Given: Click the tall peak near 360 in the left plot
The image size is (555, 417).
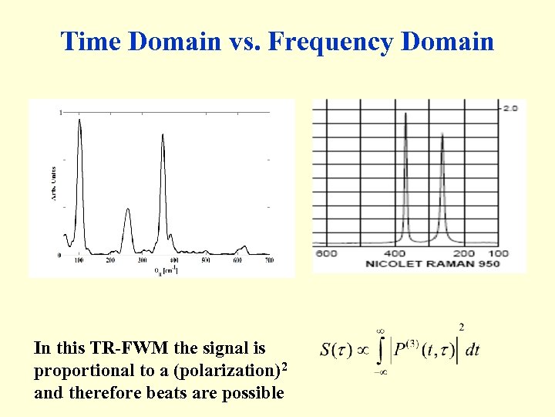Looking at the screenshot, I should click(163, 137).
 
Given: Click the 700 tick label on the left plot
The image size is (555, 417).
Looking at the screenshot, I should click(268, 261).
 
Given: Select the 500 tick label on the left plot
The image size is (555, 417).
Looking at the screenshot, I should click(205, 261).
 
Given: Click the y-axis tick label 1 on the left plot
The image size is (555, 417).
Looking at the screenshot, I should click(61, 114).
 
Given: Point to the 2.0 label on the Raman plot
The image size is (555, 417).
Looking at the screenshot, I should click(510, 108).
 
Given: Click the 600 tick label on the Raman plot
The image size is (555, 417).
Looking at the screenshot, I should click(326, 253).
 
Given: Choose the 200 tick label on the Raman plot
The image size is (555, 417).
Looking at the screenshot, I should click(463, 253).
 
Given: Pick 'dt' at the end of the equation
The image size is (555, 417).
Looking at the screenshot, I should click(472, 350).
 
